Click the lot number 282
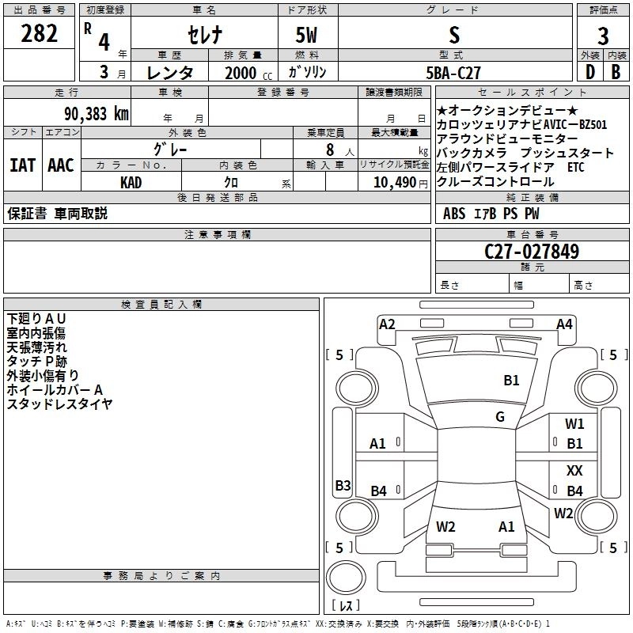click(x=39, y=34)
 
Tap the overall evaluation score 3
click(x=603, y=36)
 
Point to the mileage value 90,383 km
click(x=96, y=114)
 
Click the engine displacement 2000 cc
click(x=240, y=74)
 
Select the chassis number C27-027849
click(x=532, y=252)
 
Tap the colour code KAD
click(x=131, y=182)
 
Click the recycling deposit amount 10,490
click(x=399, y=182)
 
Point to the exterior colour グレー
click(x=187, y=148)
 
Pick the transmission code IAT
click(x=23, y=165)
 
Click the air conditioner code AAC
click(x=60, y=165)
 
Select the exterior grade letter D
click(x=589, y=72)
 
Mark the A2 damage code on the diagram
click(x=387, y=324)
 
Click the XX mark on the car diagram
click(x=574, y=470)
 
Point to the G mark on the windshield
click(x=500, y=416)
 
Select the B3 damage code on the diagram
click(x=343, y=485)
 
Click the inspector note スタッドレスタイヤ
click(x=59, y=404)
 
